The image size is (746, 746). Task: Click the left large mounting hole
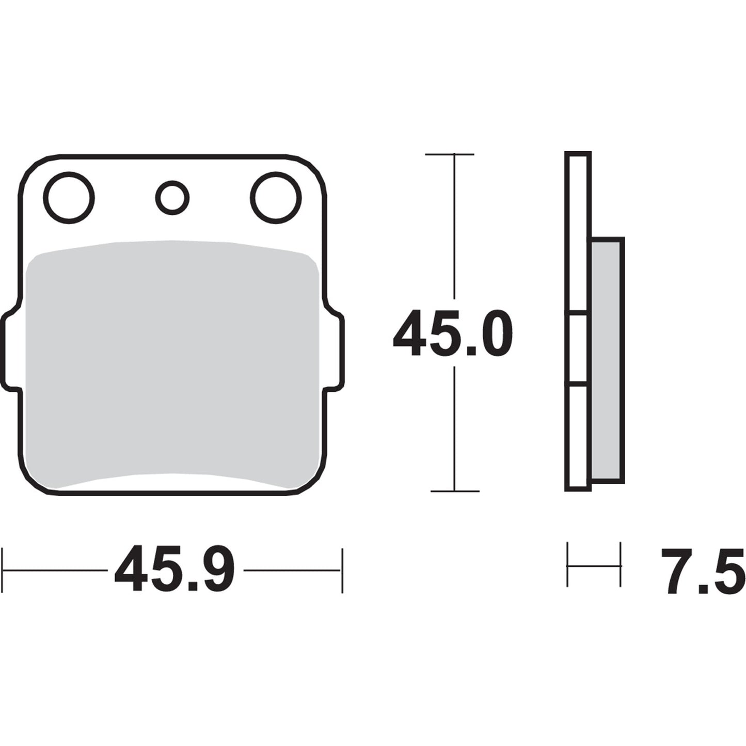coord(70,198)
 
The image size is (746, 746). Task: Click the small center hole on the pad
coord(172,198)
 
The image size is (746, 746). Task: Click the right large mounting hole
coord(276,198)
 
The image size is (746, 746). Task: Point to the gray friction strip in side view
coord(607,361)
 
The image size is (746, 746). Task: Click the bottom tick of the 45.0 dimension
coord(454,491)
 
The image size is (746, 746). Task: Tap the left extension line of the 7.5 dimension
coord(568,565)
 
